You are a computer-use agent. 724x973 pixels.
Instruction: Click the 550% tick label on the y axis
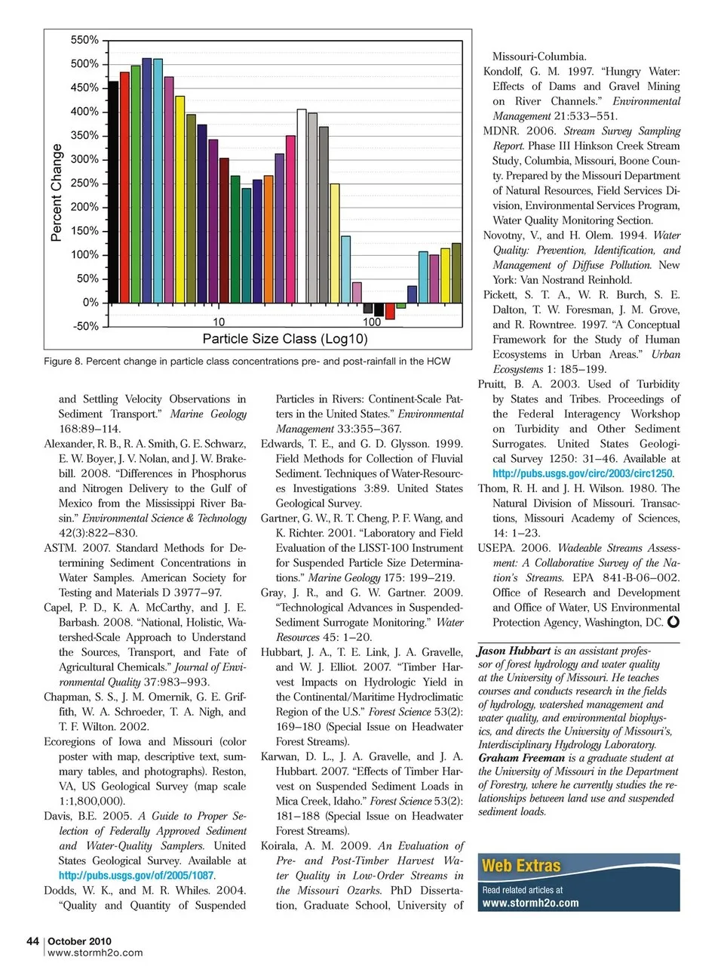(x=84, y=40)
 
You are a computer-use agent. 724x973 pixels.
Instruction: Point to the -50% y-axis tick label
(x=85, y=326)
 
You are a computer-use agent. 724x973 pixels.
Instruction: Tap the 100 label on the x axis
(x=372, y=322)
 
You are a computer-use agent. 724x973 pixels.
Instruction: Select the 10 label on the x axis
(x=218, y=322)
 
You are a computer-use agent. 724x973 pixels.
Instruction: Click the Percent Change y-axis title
(x=57, y=192)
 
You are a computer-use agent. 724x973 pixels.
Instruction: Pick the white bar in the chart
(x=302, y=205)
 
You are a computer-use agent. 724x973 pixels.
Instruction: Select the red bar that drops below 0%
(x=390, y=310)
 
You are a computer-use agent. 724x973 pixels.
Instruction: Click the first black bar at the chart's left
(x=114, y=192)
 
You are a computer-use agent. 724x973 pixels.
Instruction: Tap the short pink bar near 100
(x=357, y=292)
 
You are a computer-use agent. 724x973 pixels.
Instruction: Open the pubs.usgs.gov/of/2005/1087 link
(x=137, y=876)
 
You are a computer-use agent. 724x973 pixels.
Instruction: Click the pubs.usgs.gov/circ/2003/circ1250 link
(x=582, y=473)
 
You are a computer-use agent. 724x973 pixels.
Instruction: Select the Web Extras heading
(x=521, y=866)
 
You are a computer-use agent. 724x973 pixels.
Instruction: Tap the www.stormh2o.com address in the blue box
(x=530, y=903)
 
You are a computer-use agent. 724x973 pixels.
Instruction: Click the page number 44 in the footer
(x=32, y=941)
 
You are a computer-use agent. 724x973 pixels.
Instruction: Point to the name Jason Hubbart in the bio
(x=514, y=651)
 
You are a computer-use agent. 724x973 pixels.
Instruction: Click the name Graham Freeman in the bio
(x=521, y=758)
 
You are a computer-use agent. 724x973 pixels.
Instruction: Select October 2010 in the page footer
(x=79, y=941)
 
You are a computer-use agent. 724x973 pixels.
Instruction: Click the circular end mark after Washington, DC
(x=673, y=622)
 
